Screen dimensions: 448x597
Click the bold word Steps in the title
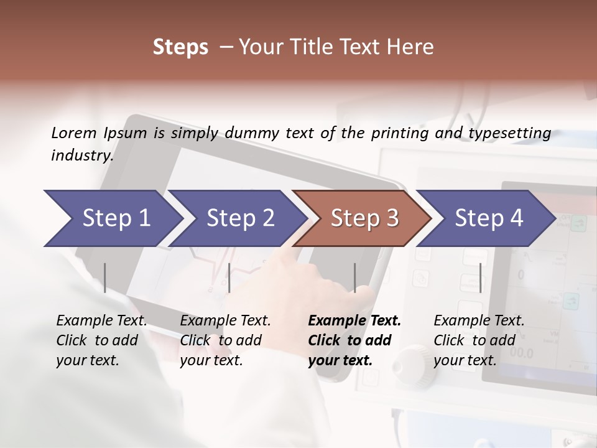tap(180, 47)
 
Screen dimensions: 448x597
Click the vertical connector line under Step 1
tap(105, 278)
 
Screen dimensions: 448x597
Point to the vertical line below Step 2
tap(229, 278)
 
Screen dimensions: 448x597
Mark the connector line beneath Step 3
tap(354, 278)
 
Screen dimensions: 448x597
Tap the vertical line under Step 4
tap(480, 278)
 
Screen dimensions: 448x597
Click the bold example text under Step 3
tap(354, 340)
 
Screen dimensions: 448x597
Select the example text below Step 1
tap(101, 340)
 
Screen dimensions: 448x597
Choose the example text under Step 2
tap(225, 340)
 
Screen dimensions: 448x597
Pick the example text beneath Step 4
tap(479, 340)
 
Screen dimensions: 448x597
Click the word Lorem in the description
tap(73, 133)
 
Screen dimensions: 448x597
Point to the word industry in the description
tap(81, 155)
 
